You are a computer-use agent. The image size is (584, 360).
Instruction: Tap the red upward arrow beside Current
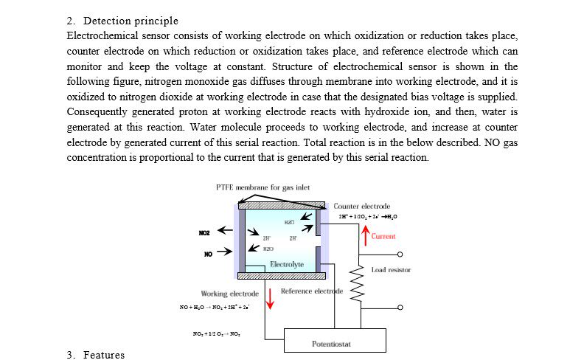pyautogui.click(x=366, y=235)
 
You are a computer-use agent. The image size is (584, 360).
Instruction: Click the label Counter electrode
pyautogui.click(x=362, y=207)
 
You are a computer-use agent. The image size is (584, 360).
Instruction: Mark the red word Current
pyautogui.click(x=383, y=237)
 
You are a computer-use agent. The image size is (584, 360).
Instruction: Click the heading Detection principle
pyautogui.click(x=122, y=21)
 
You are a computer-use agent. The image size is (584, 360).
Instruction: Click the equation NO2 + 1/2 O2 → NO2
pyautogui.click(x=216, y=333)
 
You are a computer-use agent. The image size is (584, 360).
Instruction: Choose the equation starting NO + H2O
pyautogui.click(x=215, y=306)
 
